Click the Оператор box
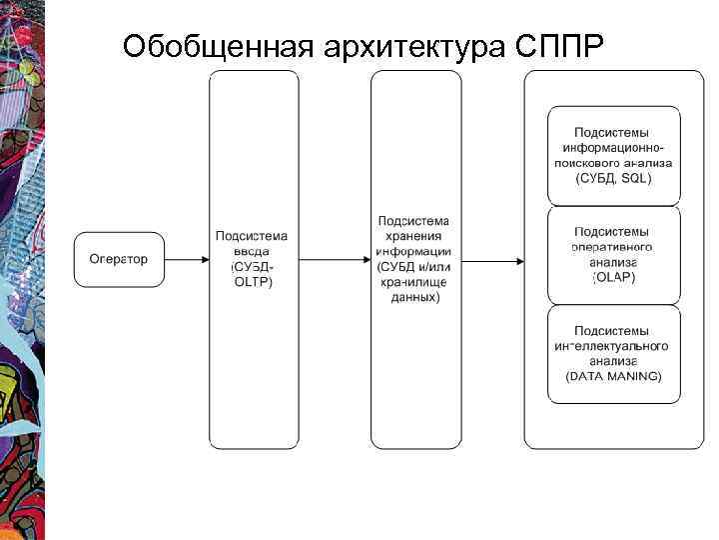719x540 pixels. coord(119,260)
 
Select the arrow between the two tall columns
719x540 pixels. coord(335,261)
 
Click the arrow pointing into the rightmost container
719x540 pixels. coord(493,262)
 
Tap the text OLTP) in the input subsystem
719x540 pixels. coord(252,282)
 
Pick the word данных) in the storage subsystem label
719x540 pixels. coord(414,297)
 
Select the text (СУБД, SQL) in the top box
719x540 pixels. coord(614,178)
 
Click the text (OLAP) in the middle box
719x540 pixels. coord(613,277)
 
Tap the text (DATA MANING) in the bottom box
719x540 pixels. coord(613,377)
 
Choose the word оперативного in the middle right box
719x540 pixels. coord(613,247)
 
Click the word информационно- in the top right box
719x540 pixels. coord(614,147)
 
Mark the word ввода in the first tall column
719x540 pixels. coord(252,251)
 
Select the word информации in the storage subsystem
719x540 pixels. coord(413,251)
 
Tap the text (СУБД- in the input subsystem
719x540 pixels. coord(252,267)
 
